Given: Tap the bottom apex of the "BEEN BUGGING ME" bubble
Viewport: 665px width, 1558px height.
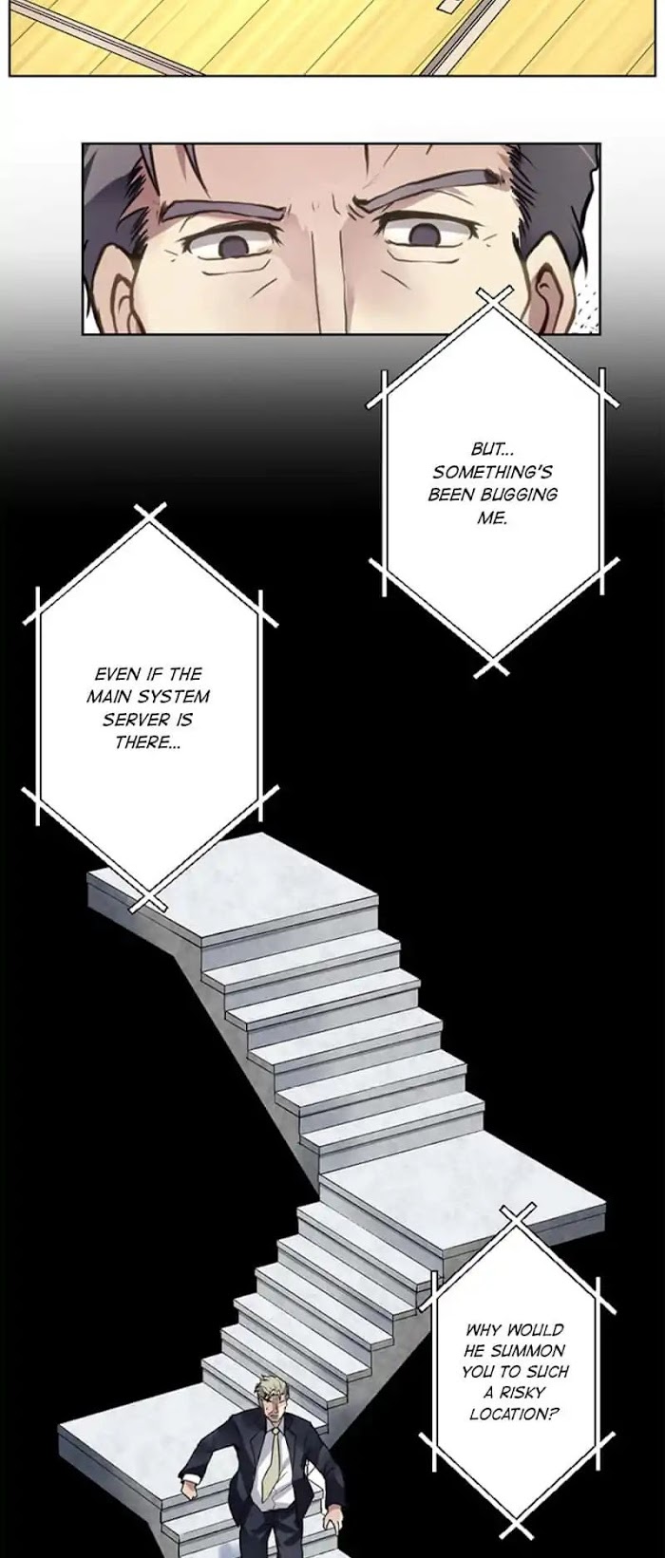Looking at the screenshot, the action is (493, 658).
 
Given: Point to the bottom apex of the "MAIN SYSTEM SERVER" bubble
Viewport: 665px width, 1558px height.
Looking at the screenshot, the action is (149, 893).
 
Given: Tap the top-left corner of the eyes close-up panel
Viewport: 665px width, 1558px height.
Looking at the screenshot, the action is (83, 144).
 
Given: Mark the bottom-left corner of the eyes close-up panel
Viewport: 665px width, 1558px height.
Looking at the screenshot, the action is (83, 334).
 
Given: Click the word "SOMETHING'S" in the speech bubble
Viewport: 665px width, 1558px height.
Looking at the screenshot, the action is (492, 472).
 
